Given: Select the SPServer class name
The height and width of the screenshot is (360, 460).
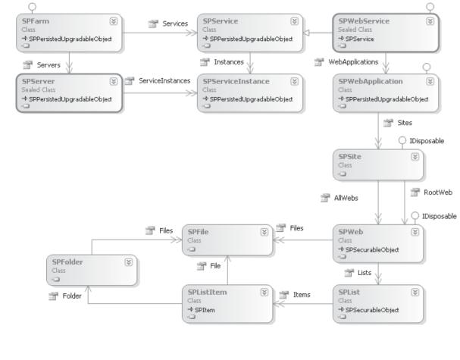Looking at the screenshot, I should coord(33,80).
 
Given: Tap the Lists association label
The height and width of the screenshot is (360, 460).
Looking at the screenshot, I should coord(365,271).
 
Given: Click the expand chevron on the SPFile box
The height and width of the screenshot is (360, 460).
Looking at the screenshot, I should coord(264,231).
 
